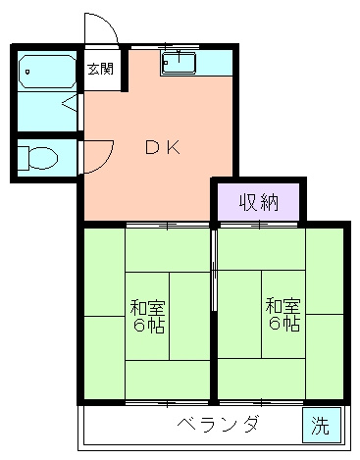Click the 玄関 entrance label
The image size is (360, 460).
coord(100,69)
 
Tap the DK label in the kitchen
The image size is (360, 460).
coord(162,148)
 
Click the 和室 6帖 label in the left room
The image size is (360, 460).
coord(147,314)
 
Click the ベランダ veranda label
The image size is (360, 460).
coord(218,425)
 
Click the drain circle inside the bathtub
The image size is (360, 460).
coord(26,71)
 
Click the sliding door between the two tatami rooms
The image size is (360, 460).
coord(214,270)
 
